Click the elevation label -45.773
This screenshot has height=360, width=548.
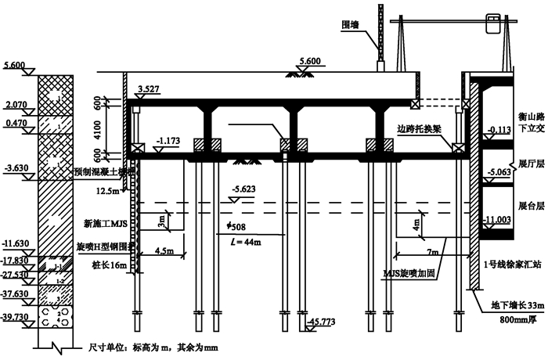click(x=322, y=322)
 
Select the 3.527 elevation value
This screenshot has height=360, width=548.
click(x=150, y=90)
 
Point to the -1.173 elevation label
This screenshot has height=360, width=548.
click(x=168, y=141)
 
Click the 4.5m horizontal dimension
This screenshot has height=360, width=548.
click(x=164, y=251)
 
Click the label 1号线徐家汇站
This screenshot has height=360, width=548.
click(x=512, y=262)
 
